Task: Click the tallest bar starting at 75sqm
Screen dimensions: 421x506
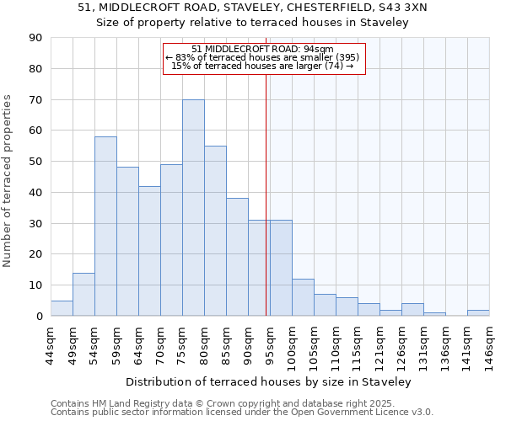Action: click(x=193, y=208)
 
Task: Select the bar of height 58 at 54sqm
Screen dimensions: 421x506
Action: click(x=105, y=226)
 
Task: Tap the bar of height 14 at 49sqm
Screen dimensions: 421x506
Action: click(x=83, y=294)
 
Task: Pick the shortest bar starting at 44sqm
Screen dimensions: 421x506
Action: click(x=62, y=308)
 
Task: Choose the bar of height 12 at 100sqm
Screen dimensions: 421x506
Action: click(x=303, y=297)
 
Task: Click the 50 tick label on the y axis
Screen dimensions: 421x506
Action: click(x=36, y=162)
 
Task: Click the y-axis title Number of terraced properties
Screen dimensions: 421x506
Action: click(x=8, y=181)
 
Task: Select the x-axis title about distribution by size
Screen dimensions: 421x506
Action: click(x=269, y=381)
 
